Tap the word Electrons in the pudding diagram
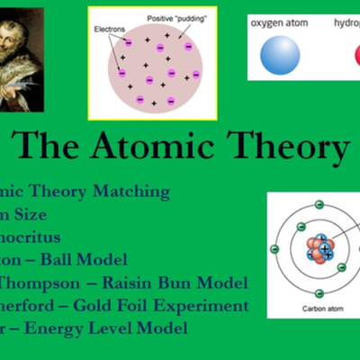111,28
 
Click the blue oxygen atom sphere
280,56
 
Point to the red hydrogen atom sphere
354,57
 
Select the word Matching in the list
130,191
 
